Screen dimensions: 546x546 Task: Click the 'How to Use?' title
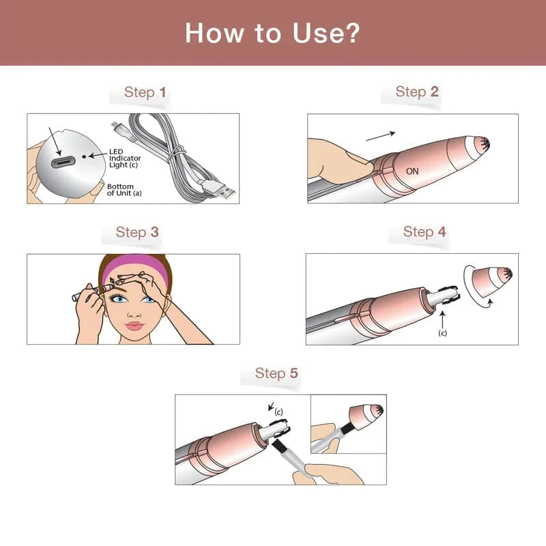pyautogui.click(x=272, y=33)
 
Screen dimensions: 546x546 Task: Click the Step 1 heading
pyautogui.click(x=145, y=92)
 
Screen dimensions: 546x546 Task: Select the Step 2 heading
pyautogui.click(x=417, y=91)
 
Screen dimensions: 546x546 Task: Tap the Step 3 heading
pyautogui.click(x=137, y=232)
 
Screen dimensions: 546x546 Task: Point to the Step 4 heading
pyautogui.click(x=425, y=231)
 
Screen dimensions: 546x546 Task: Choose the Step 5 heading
pyautogui.click(x=276, y=373)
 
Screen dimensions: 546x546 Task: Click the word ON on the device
pyautogui.click(x=412, y=171)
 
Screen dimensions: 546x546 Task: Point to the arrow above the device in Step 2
pyautogui.click(x=381, y=136)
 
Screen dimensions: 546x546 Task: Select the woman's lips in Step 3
pyautogui.click(x=134, y=325)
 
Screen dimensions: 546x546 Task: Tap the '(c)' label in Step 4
pyautogui.click(x=442, y=332)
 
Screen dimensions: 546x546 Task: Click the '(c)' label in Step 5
pyautogui.click(x=278, y=412)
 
